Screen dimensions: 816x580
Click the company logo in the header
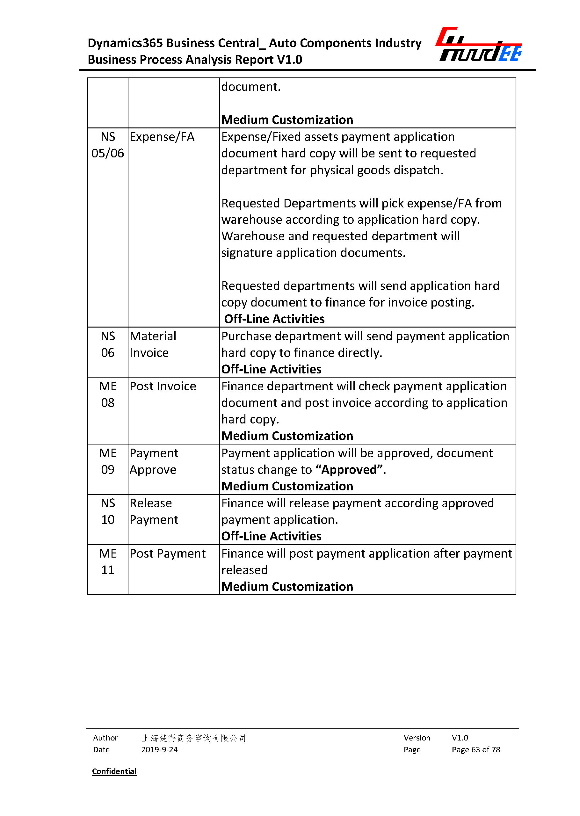[x=479, y=45]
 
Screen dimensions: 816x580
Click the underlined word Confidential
[x=114, y=771]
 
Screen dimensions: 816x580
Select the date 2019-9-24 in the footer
[x=159, y=749]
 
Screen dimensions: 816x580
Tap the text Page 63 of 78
[x=476, y=749]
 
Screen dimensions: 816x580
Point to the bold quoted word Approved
[x=349, y=469]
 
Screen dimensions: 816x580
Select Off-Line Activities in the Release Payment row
[x=271, y=536]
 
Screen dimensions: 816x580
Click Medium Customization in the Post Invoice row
[x=287, y=436]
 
